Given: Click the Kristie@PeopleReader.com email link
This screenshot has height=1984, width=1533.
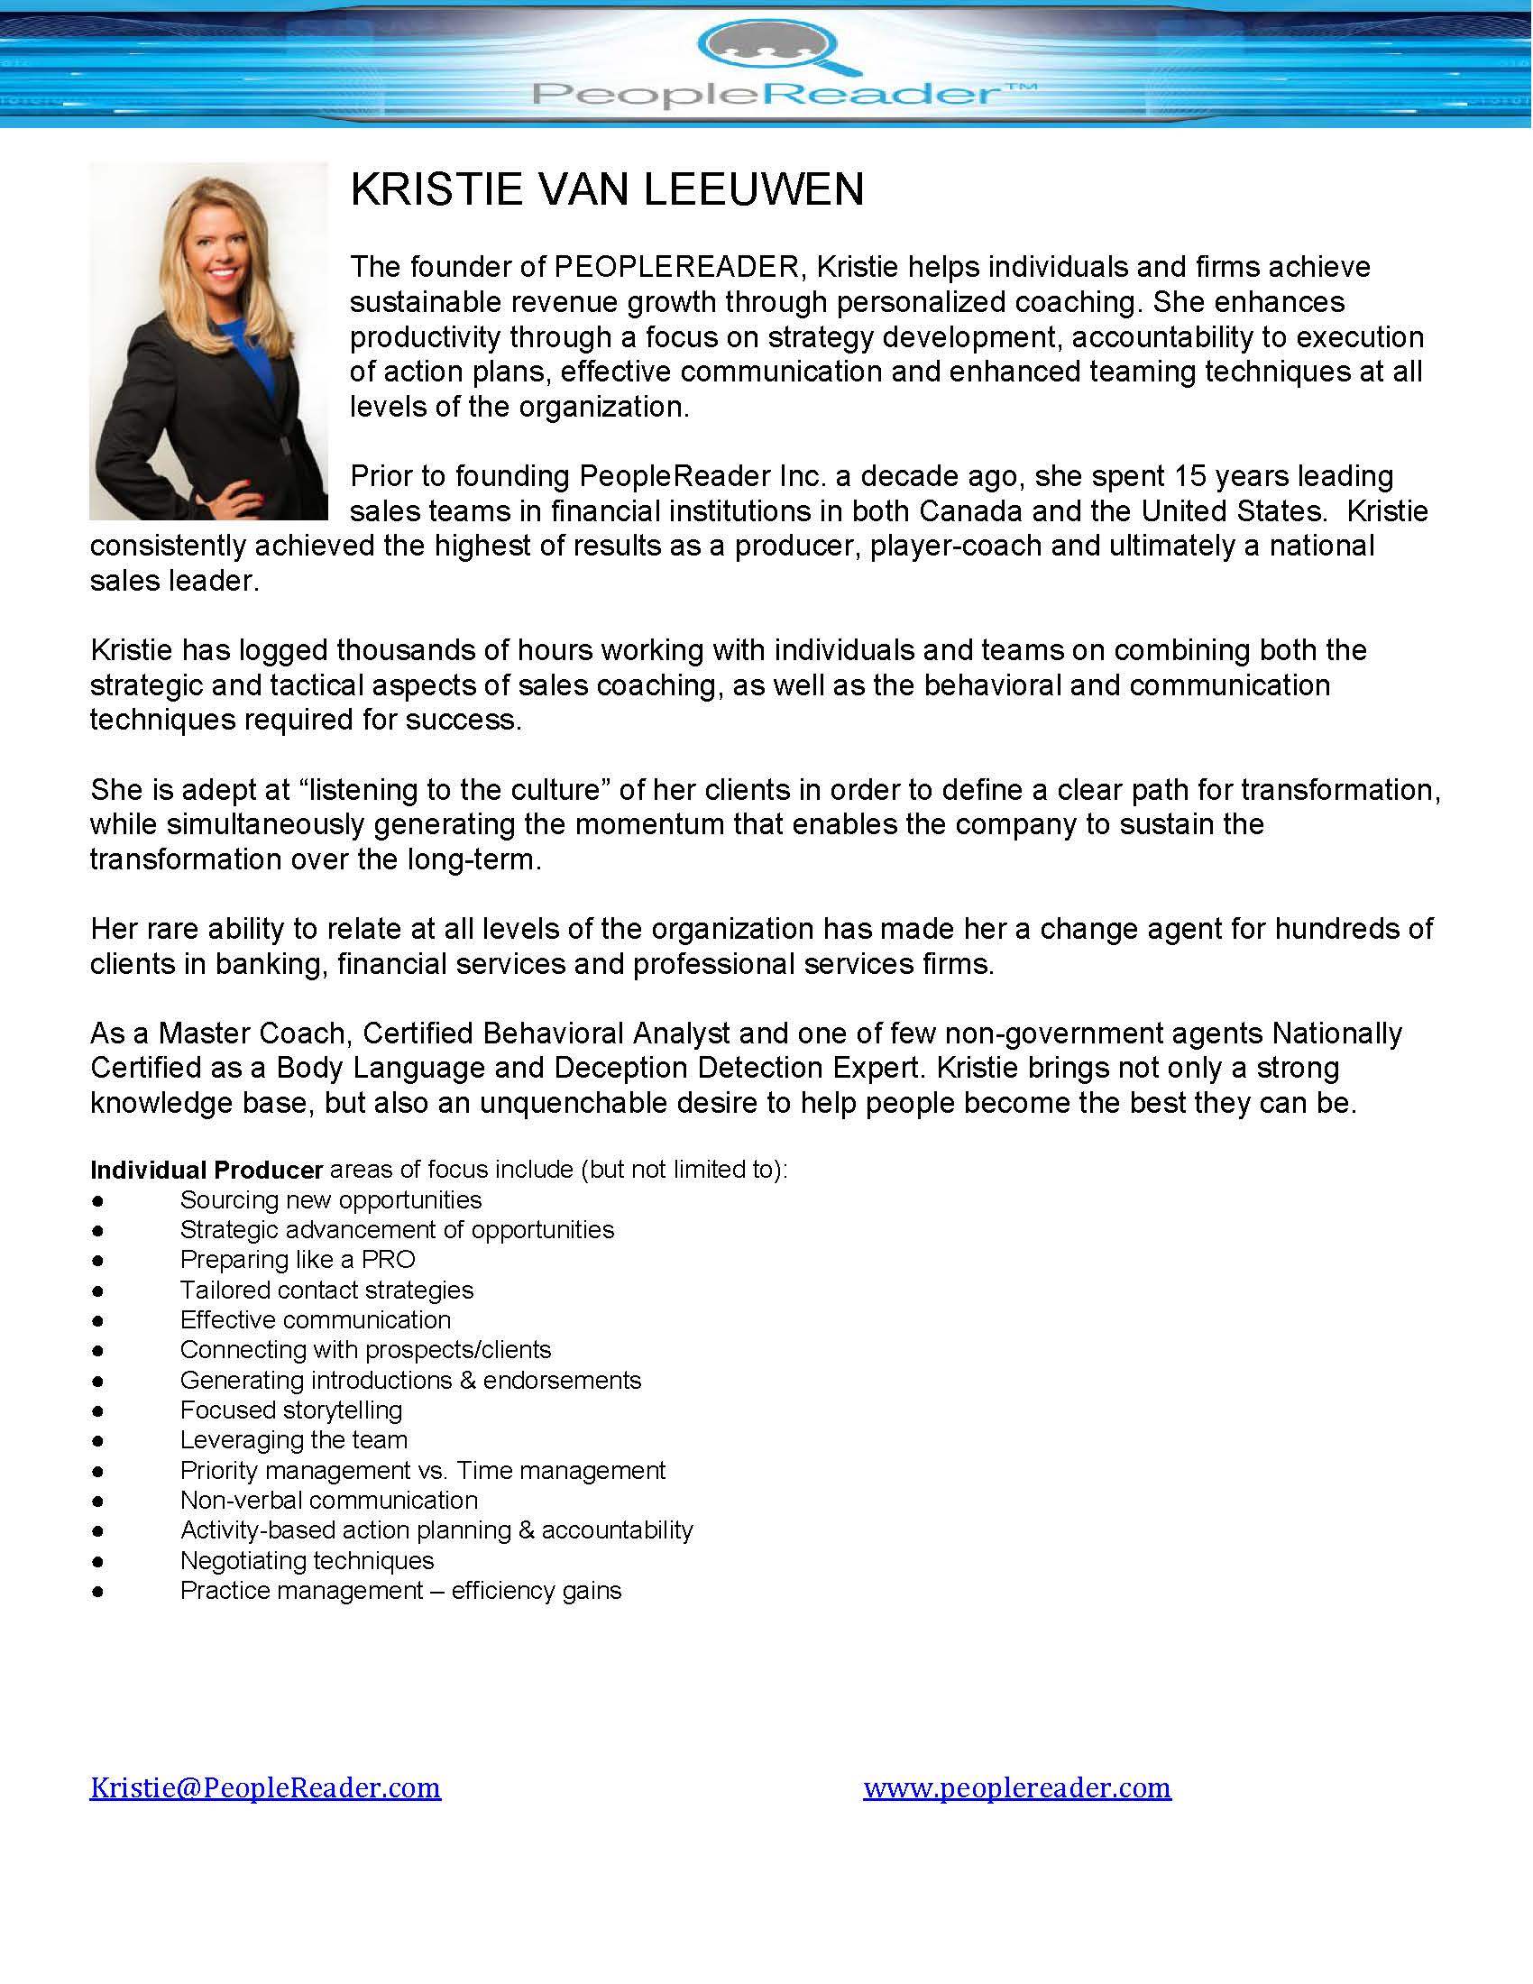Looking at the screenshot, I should [x=265, y=1787].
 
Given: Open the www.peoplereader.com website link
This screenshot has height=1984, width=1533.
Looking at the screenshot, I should [x=1016, y=1787].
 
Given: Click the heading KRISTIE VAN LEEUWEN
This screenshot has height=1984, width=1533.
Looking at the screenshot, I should [x=607, y=190].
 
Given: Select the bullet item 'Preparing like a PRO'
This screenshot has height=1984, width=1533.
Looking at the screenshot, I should [x=297, y=1260].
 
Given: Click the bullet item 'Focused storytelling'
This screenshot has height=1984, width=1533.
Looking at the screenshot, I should [x=290, y=1410].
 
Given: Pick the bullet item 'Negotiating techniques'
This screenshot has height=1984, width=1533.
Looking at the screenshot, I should [x=307, y=1561].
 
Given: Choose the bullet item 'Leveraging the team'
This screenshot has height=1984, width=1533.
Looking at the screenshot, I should [x=293, y=1440].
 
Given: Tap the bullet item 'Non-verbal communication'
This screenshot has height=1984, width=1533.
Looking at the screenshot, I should [x=329, y=1500].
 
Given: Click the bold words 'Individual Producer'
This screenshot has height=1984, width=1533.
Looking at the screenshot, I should [x=207, y=1170].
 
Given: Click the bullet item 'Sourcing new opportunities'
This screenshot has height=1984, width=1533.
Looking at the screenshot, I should [x=331, y=1200].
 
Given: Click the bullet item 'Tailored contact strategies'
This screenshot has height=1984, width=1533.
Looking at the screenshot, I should [x=326, y=1290].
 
